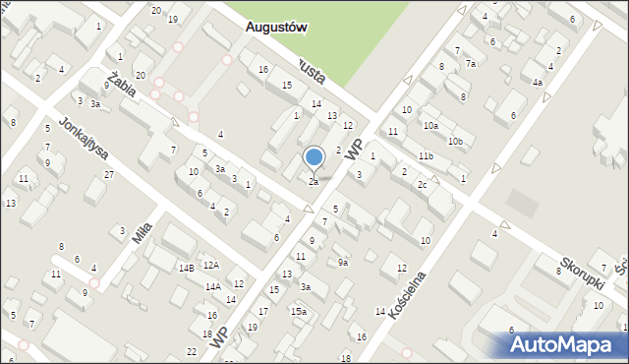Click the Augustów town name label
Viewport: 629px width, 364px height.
pyautogui.click(x=275, y=29)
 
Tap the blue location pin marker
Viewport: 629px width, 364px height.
pyautogui.click(x=314, y=158)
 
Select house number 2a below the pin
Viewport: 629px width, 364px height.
pyautogui.click(x=314, y=182)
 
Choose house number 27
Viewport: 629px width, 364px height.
pyautogui.click(x=109, y=175)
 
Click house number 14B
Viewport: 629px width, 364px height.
pyautogui.click(x=186, y=268)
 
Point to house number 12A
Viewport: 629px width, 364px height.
pyautogui.click(x=210, y=266)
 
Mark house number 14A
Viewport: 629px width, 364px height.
pyautogui.click(x=212, y=286)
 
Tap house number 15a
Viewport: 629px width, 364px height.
pyautogui.click(x=298, y=312)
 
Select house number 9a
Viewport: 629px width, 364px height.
pyautogui.click(x=342, y=263)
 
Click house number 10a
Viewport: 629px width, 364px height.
pyautogui.click(x=430, y=126)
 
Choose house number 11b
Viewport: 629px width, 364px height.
pyautogui.click(x=425, y=156)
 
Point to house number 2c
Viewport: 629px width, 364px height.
pyautogui.click(x=421, y=185)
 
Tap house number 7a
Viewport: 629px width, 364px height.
pyautogui.click(x=471, y=64)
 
